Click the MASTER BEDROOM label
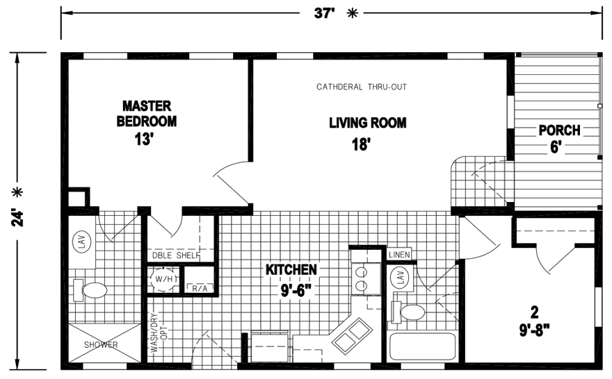(x=147, y=113)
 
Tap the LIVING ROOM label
(x=367, y=124)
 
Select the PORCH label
(x=559, y=130)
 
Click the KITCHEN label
(x=291, y=269)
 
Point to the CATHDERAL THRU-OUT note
(x=361, y=87)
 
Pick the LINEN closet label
(x=399, y=254)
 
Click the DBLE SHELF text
(x=175, y=255)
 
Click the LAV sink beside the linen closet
(x=401, y=278)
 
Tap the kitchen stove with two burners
(x=361, y=278)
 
